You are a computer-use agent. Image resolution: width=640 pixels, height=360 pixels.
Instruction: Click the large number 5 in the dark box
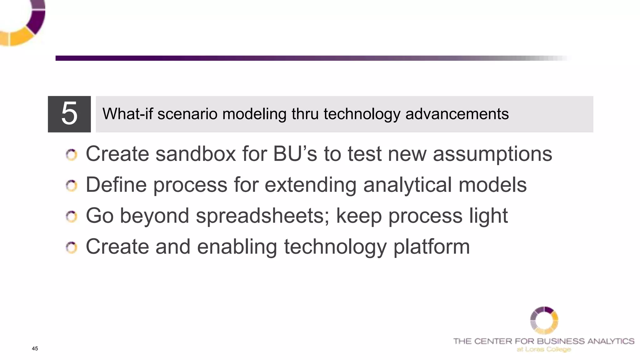(x=69, y=114)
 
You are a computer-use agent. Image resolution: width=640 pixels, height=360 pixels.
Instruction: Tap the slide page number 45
(x=35, y=348)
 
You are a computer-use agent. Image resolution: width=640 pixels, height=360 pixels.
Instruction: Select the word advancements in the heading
(x=457, y=114)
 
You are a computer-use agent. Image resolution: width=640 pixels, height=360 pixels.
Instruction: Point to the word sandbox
(x=196, y=154)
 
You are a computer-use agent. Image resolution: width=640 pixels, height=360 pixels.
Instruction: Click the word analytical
(x=407, y=185)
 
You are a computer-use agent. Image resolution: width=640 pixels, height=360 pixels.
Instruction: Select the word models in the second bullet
(x=492, y=185)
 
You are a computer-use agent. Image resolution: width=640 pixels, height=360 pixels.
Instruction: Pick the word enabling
(x=237, y=247)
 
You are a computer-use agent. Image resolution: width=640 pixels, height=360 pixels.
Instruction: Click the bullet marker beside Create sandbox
(x=72, y=155)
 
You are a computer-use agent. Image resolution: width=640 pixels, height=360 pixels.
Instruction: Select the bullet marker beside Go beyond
(x=72, y=217)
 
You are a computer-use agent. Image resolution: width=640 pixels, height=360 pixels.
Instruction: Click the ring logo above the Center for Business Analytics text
(x=544, y=320)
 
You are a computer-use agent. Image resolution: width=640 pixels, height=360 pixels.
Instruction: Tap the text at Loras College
(x=544, y=349)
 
